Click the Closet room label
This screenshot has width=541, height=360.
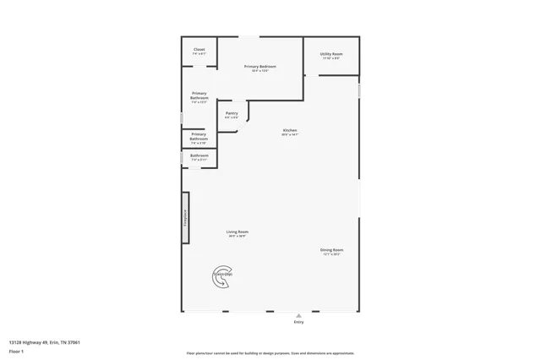point(199,49)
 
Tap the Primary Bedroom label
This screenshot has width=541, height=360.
point(260,66)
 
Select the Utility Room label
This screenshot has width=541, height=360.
point(331,54)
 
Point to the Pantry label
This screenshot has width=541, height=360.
point(231,113)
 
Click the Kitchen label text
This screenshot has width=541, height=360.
point(290,130)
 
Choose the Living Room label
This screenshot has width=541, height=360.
point(237,232)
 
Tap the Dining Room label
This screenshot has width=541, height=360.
point(331,249)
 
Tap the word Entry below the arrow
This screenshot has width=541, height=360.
point(298,322)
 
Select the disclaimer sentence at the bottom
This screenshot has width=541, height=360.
point(270,353)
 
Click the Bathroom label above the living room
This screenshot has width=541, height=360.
point(199,155)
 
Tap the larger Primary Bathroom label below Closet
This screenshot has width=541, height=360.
point(199,95)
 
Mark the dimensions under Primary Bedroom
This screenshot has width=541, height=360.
point(260,71)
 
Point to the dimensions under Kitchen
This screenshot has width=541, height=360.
point(290,135)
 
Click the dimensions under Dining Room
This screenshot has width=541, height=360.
point(331,254)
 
